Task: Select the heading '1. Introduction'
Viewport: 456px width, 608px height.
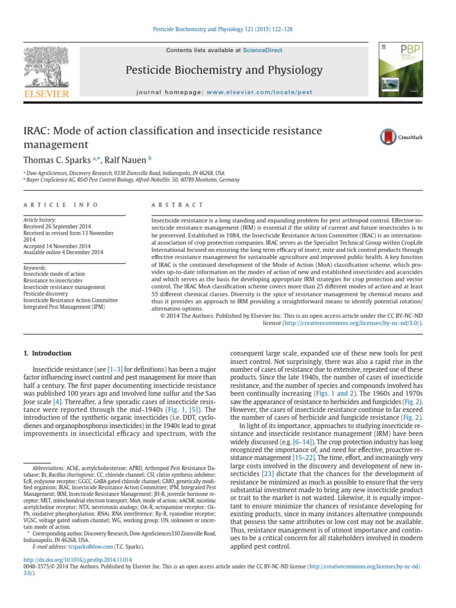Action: tap(47, 353)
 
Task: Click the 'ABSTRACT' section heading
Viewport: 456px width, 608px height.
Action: tap(170, 205)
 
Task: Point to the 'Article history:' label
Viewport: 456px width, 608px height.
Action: tap(39, 220)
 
